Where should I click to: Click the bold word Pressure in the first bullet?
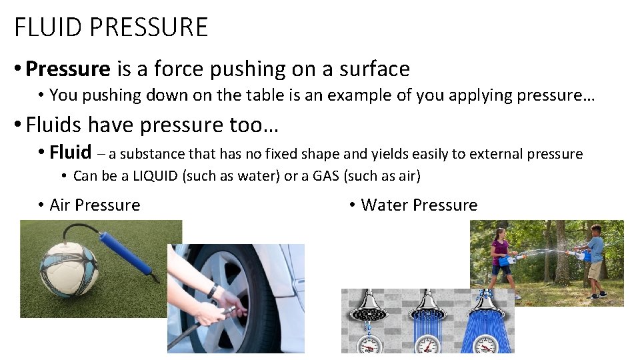(67, 69)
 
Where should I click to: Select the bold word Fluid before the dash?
(70, 153)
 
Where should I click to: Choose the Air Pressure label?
(95, 205)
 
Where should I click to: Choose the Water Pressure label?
(419, 205)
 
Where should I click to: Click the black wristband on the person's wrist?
(212, 291)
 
